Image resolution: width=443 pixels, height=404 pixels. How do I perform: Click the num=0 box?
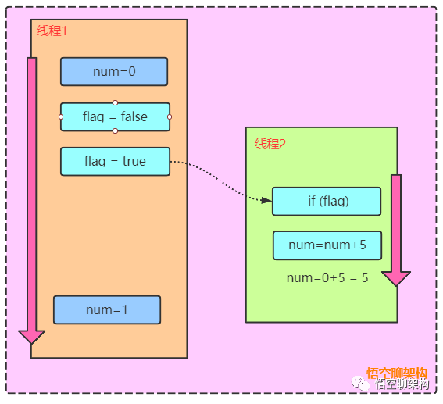[x=114, y=71]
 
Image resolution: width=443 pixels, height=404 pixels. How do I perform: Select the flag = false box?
[x=116, y=116]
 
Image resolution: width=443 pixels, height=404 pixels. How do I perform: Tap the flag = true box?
[x=116, y=161]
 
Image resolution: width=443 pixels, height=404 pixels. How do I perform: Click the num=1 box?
[x=107, y=310]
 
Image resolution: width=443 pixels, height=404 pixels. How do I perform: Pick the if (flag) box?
[x=327, y=201]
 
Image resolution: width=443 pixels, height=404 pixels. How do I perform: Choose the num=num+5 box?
[x=327, y=245]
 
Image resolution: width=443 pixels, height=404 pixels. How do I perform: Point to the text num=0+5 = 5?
[x=327, y=278]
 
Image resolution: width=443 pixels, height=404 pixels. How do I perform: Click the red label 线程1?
[x=52, y=30]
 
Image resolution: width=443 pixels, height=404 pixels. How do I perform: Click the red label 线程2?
[x=270, y=144]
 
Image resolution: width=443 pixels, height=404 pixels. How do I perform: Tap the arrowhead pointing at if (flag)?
[x=266, y=200]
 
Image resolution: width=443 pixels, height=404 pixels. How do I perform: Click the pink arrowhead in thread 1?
[x=31, y=337]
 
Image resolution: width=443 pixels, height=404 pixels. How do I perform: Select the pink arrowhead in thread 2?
[x=396, y=279]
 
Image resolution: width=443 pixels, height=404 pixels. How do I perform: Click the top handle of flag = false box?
[x=116, y=102]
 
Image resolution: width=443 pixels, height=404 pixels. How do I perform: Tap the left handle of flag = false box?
[x=61, y=116]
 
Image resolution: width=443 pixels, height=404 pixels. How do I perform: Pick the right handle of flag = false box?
[x=170, y=116]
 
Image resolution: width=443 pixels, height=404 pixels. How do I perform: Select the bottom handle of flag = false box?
[x=116, y=130]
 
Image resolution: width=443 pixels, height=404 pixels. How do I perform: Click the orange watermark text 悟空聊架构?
[x=397, y=374]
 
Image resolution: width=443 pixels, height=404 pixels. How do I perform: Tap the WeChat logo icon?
[x=360, y=384]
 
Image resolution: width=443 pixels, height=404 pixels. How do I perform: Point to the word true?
[x=134, y=161]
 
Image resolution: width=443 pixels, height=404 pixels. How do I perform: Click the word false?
[x=134, y=116]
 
